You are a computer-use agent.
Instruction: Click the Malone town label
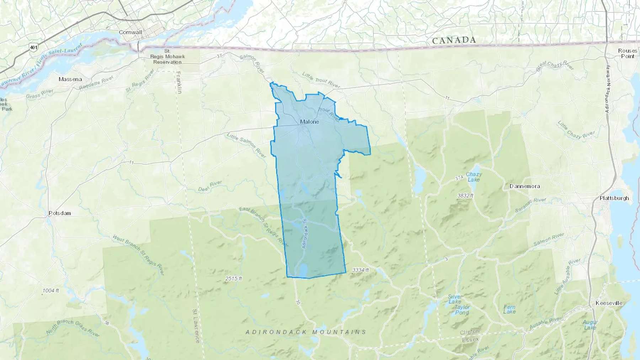[309, 122]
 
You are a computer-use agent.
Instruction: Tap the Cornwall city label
[130, 32]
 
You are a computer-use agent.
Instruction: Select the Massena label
[70, 79]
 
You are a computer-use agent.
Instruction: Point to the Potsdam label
[60, 213]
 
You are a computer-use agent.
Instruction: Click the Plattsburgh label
[614, 198]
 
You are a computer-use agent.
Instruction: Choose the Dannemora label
[524, 186]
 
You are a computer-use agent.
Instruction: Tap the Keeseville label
[609, 303]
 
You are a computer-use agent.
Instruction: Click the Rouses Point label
[628, 53]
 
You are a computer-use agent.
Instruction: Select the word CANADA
[454, 41]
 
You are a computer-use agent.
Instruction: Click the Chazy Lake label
[474, 177]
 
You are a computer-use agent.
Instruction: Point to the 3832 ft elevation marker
[465, 196]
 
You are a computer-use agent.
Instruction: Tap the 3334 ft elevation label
[360, 270]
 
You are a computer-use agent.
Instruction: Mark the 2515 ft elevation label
[233, 279]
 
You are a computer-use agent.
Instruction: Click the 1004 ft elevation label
[50, 291]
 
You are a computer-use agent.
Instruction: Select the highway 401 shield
[33, 47]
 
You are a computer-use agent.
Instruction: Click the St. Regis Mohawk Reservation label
[167, 57]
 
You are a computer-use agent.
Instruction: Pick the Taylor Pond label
[462, 310]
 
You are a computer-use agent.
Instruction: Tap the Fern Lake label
[509, 310]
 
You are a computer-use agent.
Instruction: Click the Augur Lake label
[590, 325]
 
